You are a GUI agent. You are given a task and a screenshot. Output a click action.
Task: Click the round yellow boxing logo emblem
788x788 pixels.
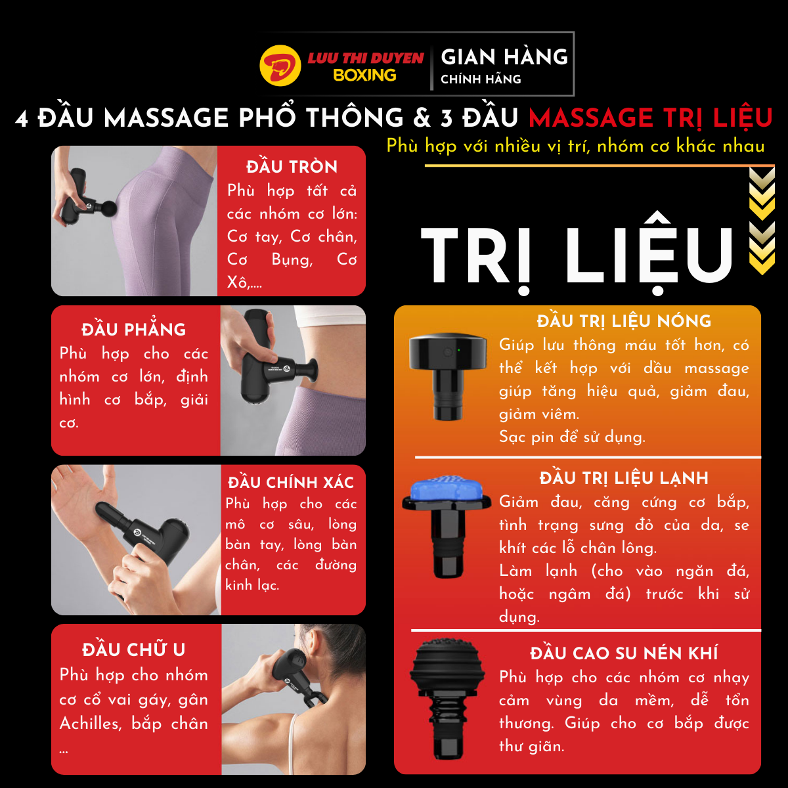click(280, 66)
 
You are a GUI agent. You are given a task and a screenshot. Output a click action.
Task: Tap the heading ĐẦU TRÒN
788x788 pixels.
click(292, 166)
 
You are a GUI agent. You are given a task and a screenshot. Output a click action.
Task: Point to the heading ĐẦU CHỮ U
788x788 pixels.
click(133, 649)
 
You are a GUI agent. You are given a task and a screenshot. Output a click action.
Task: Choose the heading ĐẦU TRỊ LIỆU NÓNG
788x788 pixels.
click(624, 320)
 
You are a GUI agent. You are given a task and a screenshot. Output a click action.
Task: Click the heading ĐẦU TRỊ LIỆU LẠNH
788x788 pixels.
click(624, 477)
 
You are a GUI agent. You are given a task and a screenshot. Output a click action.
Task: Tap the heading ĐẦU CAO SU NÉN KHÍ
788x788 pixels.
click(624, 653)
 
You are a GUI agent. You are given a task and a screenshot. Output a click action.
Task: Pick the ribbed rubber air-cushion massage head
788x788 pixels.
click(448, 700)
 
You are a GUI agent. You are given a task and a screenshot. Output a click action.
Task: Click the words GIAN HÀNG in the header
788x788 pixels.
click(504, 56)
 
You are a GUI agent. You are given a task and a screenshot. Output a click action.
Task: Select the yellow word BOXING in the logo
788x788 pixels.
click(364, 76)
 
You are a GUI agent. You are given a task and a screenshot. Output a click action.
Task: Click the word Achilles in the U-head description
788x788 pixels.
click(91, 724)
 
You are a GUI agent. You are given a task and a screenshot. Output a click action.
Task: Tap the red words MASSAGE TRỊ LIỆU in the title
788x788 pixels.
click(650, 118)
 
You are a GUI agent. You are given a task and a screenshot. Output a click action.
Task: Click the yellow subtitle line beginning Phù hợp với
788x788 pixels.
click(575, 146)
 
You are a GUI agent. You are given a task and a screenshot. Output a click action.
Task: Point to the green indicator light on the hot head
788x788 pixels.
click(459, 350)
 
